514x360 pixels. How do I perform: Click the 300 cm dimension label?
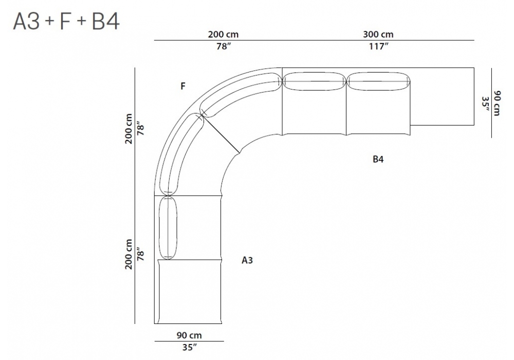[x=378, y=34]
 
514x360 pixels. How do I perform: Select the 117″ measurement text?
[x=379, y=46]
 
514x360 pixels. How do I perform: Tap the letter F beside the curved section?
[x=183, y=86]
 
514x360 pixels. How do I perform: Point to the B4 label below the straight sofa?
[x=378, y=159]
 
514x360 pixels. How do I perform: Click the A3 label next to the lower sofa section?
[x=247, y=260]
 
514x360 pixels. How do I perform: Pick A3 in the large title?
[x=26, y=21]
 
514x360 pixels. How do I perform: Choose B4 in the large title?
[x=105, y=21]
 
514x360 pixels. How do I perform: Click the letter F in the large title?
[x=66, y=21]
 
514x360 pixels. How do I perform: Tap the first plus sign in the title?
[x=49, y=22]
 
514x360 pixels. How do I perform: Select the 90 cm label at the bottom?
[x=189, y=335]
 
